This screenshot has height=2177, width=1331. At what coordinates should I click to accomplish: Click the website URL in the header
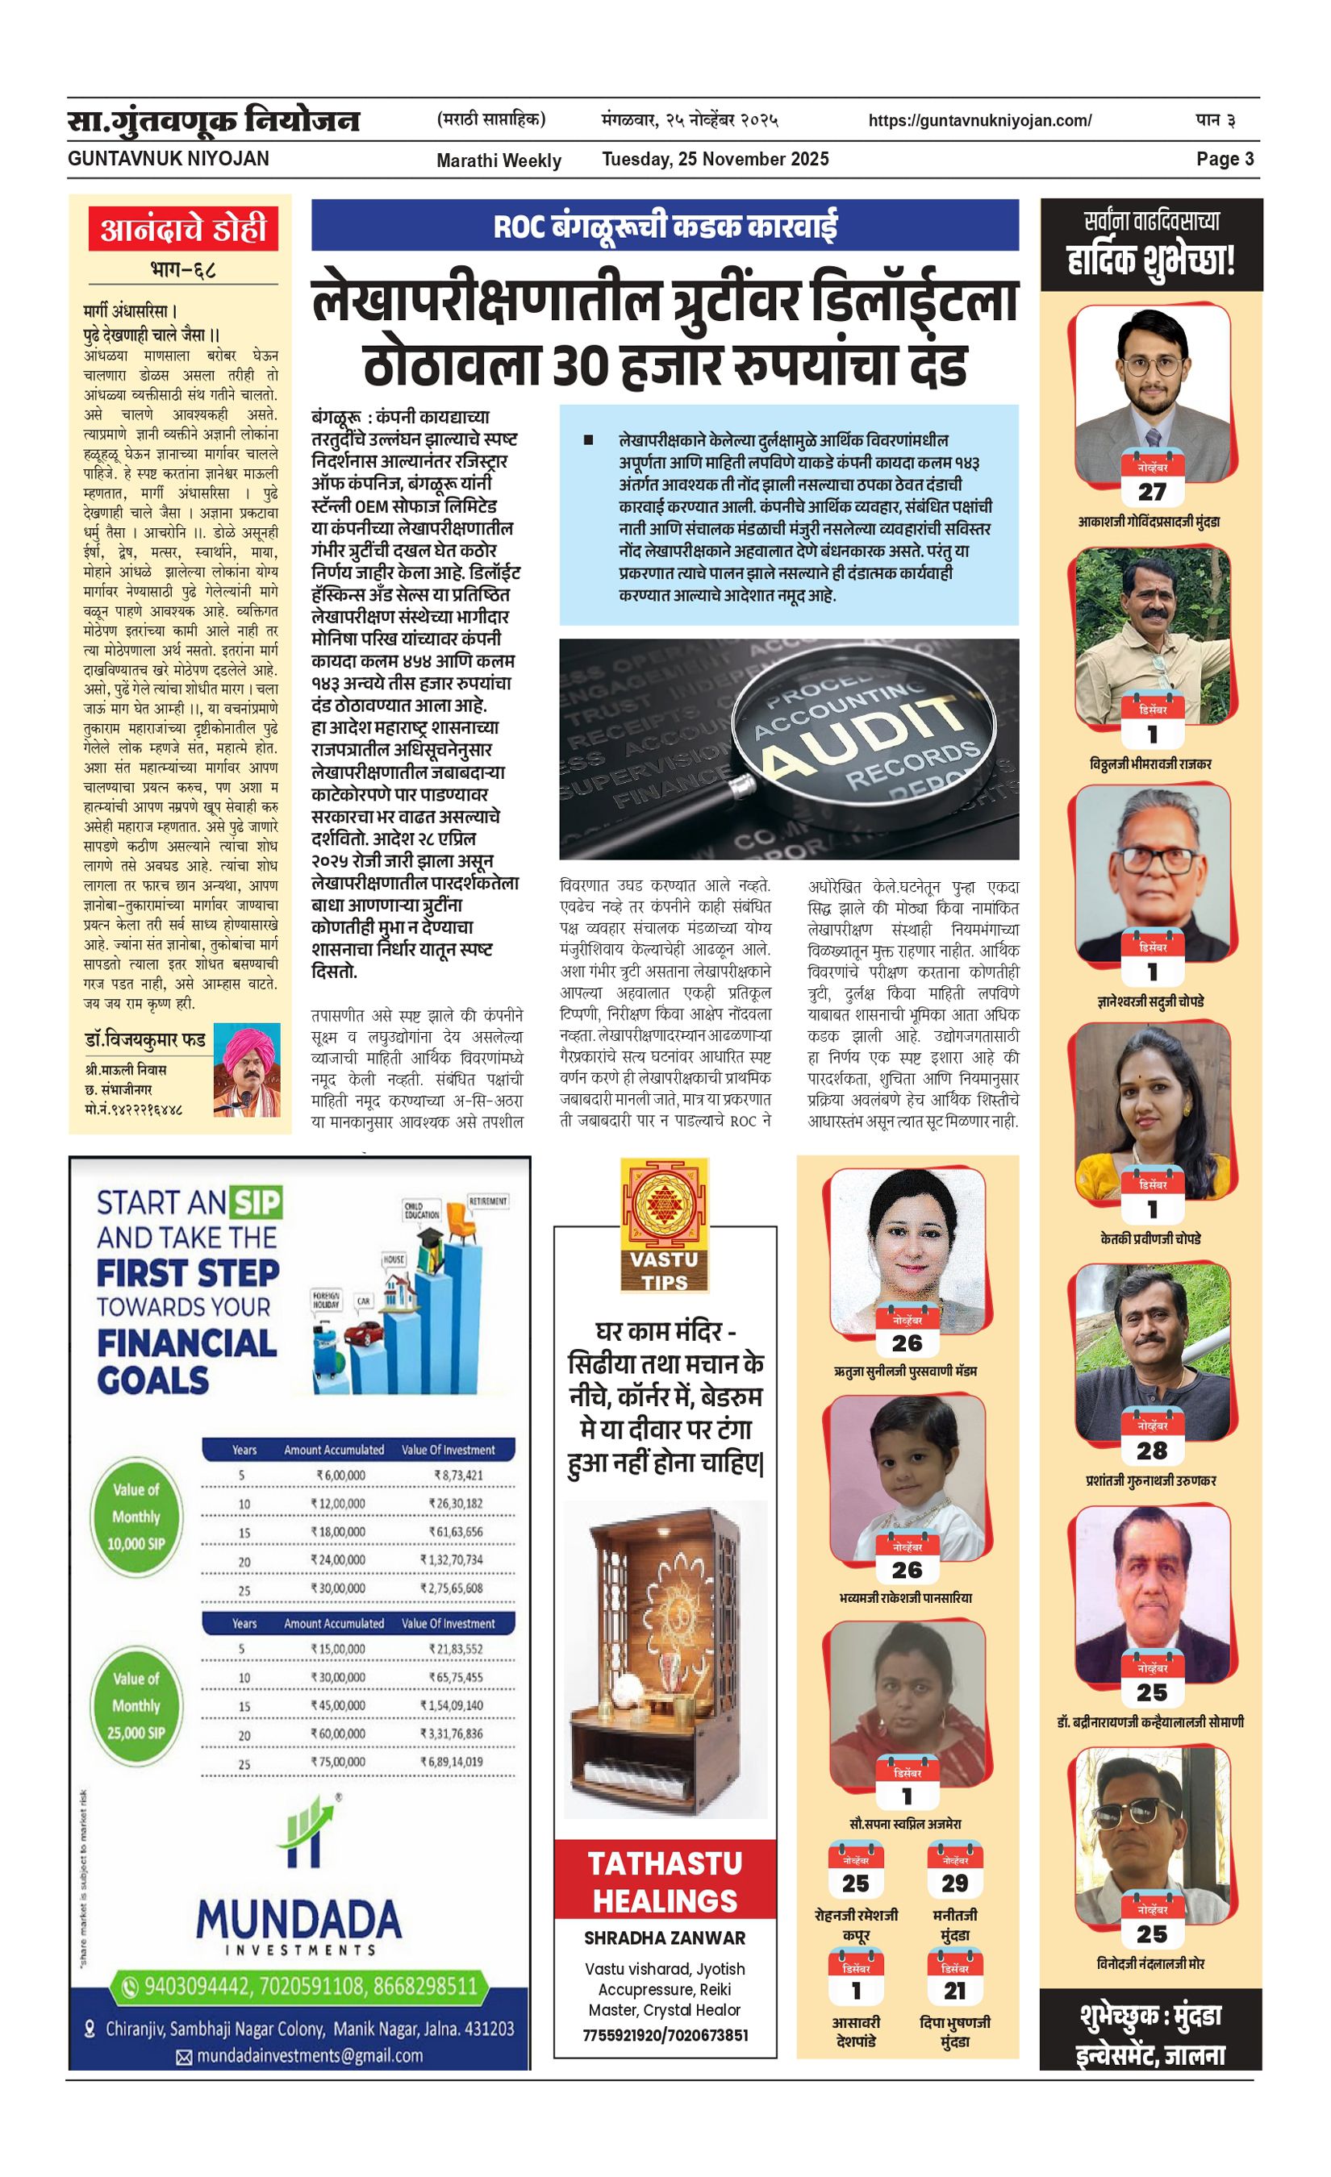point(979,120)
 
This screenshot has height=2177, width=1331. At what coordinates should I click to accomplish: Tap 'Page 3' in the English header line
point(1224,159)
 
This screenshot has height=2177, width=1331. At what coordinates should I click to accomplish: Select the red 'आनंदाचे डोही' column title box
point(183,229)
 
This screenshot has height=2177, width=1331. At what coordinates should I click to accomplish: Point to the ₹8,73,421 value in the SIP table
point(458,1475)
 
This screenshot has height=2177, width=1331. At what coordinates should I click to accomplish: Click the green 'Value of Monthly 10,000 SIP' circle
point(136,1516)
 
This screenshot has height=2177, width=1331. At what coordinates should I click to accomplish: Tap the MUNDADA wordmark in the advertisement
point(298,1920)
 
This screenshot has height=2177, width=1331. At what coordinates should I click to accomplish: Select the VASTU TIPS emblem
point(665,1225)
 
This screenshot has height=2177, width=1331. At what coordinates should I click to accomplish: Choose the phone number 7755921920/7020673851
point(665,2035)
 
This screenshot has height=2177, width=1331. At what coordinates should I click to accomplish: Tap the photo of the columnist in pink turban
point(247,1069)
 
